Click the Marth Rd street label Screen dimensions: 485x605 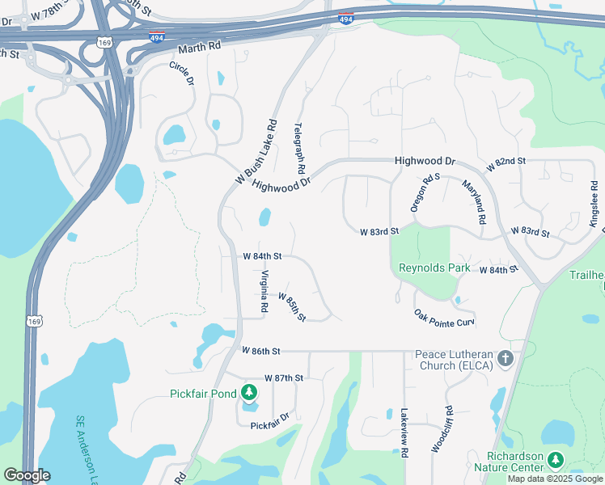coord(199,47)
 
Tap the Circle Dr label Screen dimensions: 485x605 coord(182,74)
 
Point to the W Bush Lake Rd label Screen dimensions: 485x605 coord(256,151)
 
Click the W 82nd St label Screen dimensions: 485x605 coord(506,162)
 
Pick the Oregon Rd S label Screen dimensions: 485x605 coord(425,192)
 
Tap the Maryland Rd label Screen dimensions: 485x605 coord(473,202)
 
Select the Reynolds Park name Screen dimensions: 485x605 coord(434,268)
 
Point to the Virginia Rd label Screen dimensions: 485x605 coord(264,292)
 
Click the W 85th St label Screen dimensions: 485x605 coord(292,306)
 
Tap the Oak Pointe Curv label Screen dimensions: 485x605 coord(444,318)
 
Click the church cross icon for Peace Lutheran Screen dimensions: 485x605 coord(506,357)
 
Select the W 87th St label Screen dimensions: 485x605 coord(283,378)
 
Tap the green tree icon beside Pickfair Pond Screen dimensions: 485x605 coord(249,394)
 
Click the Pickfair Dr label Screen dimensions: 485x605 coord(269,425)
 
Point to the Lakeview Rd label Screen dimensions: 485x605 coord(404,432)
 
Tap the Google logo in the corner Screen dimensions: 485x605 coord(27,475)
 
